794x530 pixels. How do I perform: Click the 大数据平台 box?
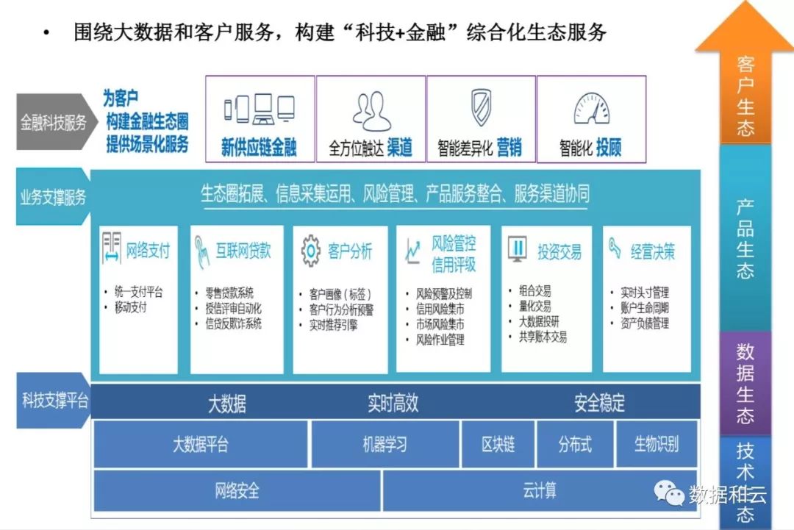200,444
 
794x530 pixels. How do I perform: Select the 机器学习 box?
385,444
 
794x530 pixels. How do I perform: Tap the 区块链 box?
498,444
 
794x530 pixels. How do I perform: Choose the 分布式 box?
574,444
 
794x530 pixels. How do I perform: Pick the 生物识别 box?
656,444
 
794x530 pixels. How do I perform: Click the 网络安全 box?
237,490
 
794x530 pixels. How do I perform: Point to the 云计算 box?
540,490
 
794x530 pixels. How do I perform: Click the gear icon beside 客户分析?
311,251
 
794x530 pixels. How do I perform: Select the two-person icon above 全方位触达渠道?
371,110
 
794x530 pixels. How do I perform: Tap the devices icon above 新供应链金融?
259,110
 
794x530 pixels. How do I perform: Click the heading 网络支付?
147,251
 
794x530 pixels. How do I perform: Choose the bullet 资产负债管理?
644,323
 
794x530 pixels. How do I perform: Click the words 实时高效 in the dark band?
393,403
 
